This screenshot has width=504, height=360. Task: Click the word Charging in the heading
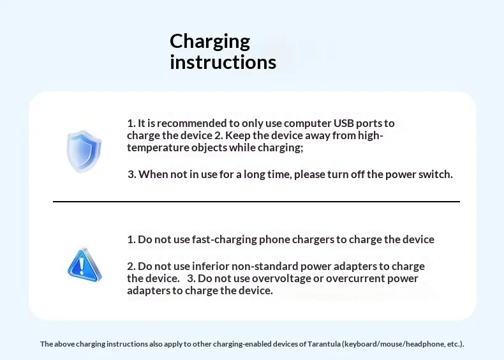pos(210,42)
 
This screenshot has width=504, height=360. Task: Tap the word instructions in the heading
pos(223,62)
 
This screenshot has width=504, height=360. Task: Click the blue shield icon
pos(84,151)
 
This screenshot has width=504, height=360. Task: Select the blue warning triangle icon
pos(84,265)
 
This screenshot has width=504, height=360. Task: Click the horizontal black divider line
pos(256,202)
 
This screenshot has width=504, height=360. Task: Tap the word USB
pos(344,123)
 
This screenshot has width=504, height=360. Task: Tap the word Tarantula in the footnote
pos(324,344)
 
